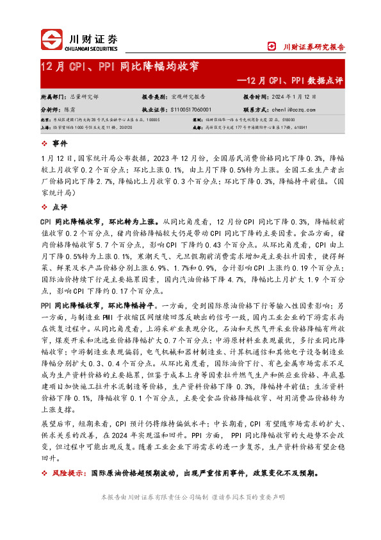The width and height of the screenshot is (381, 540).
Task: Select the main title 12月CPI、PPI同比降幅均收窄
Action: click(x=119, y=67)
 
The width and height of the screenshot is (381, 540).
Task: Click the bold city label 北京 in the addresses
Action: click(x=45, y=119)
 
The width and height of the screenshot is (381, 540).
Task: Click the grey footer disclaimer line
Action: click(x=190, y=498)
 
